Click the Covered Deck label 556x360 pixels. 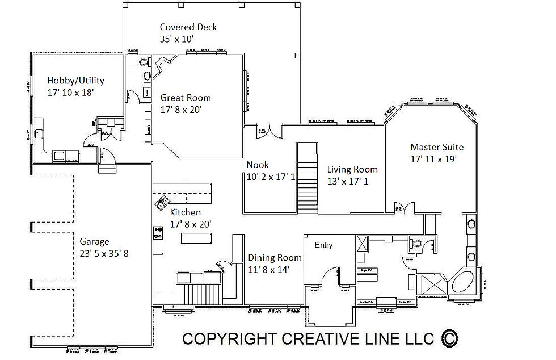(x=188, y=27)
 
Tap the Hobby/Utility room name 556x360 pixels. (x=75, y=81)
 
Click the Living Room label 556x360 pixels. (x=352, y=169)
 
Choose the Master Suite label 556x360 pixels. (x=437, y=147)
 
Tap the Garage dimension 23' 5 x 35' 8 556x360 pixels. (x=104, y=253)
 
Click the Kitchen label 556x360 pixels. (x=186, y=212)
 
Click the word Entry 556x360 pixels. (x=323, y=245)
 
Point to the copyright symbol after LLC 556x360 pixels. (x=448, y=338)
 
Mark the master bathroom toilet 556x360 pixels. (x=415, y=244)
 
